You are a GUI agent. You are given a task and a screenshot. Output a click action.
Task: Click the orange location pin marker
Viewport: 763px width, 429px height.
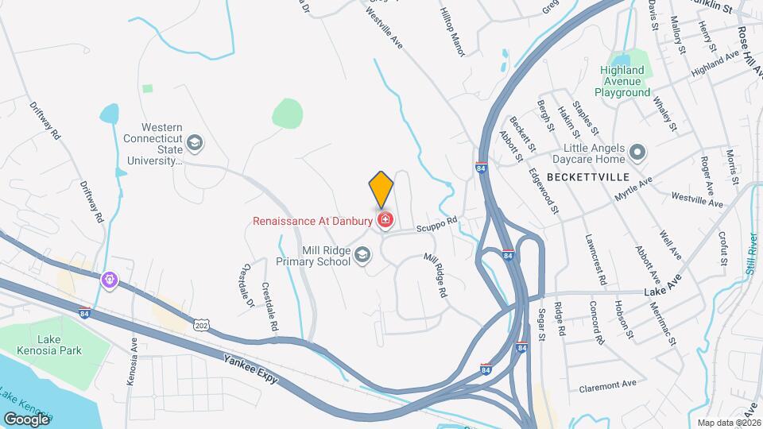381,189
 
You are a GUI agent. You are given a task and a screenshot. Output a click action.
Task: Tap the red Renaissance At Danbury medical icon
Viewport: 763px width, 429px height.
386,220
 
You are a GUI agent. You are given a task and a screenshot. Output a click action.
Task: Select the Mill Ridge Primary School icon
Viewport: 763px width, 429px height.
362,254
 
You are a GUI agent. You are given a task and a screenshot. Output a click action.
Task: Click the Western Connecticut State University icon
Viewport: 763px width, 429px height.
195,143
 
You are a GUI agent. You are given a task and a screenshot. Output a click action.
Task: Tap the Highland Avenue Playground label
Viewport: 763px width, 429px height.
626,81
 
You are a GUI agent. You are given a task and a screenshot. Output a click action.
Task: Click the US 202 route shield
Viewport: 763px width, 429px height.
201,324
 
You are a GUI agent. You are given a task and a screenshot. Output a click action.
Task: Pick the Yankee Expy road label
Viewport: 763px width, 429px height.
250,369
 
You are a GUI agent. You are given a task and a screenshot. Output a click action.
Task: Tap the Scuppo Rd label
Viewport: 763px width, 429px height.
440,226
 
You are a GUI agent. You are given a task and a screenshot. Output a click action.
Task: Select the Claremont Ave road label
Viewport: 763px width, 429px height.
608,384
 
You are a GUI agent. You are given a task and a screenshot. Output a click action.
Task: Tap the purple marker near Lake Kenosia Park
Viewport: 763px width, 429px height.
109,280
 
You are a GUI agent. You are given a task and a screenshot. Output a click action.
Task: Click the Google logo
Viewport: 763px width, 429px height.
26,419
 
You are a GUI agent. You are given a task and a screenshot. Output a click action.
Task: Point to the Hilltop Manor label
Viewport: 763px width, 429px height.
451,33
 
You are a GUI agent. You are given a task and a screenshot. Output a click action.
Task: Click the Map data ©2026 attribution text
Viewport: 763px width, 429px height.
729,422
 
